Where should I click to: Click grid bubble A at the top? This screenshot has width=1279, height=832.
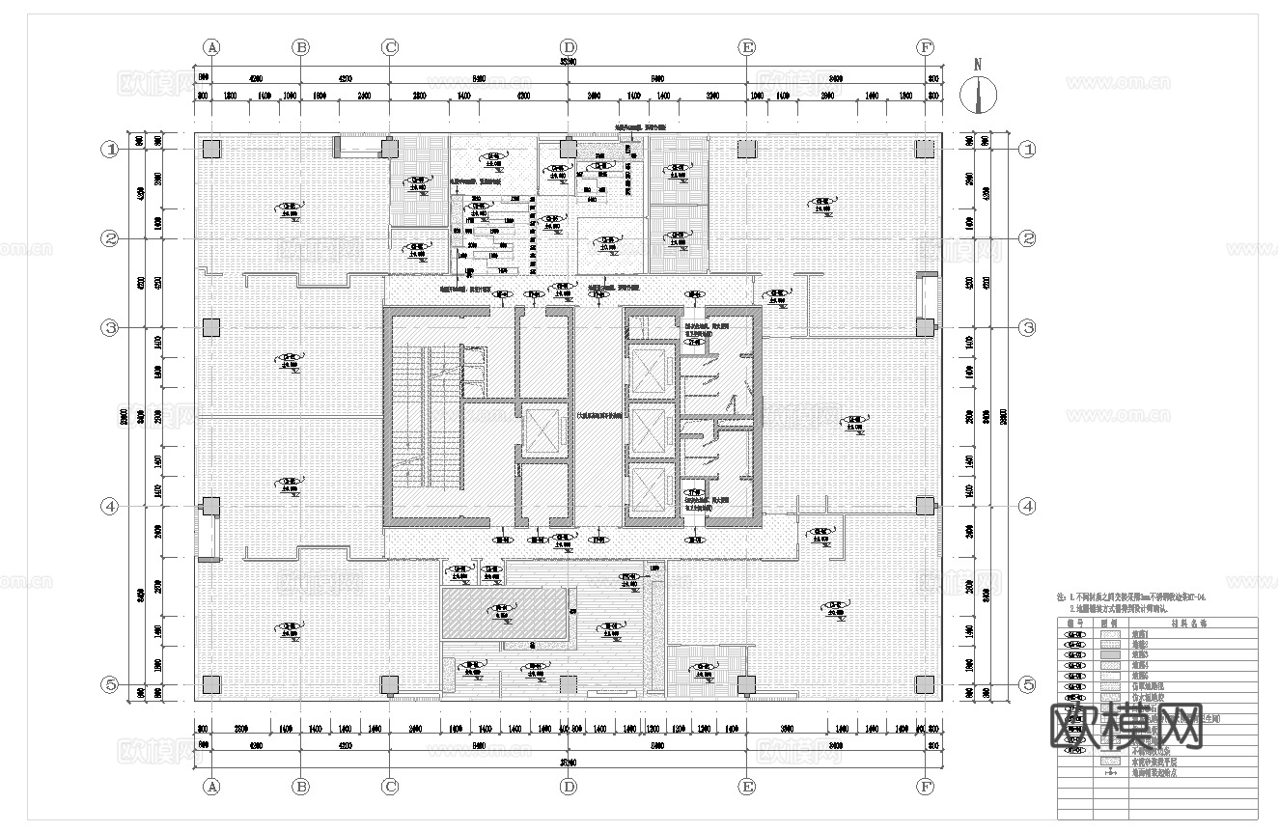[x=212, y=46]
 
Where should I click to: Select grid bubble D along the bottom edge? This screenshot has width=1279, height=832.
[x=569, y=787]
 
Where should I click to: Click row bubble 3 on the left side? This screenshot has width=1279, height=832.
[x=111, y=328]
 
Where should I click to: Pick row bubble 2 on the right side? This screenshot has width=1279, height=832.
[x=1028, y=238]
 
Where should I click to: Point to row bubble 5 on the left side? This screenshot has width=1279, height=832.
[x=111, y=684]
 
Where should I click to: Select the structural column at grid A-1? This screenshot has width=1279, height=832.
[x=211, y=149]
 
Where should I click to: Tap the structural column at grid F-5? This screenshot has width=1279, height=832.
[x=925, y=685]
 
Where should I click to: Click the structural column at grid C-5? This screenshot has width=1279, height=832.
[x=389, y=685]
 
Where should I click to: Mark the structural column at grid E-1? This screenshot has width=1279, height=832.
[x=746, y=149]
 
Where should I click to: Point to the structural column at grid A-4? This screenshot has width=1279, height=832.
[x=211, y=506]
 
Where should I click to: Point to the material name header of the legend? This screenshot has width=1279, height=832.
[x=1182, y=624]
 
